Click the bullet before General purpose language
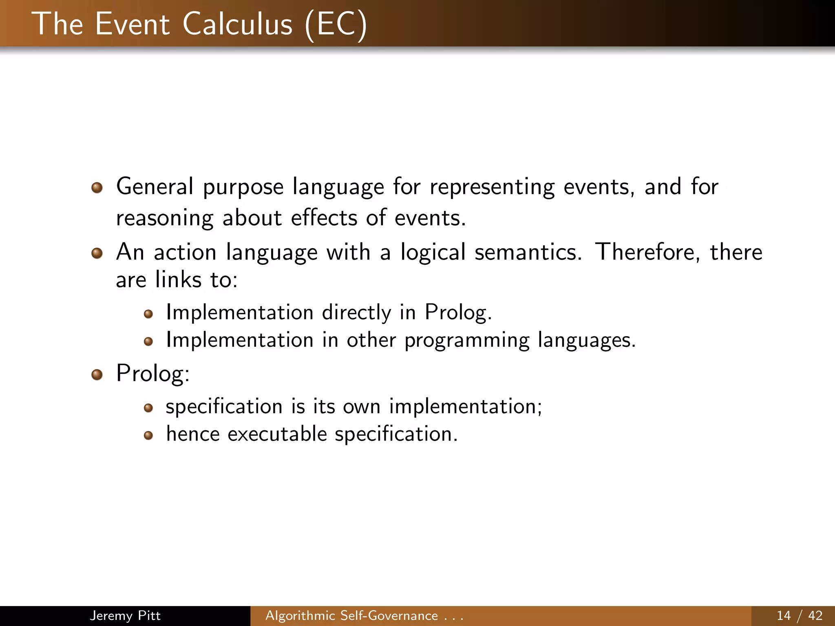tap(97, 188)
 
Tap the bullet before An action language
tap(97, 253)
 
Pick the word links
tap(178, 280)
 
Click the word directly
tap(356, 313)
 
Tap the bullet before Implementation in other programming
tap(148, 341)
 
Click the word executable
tap(277, 434)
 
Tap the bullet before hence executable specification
tap(148, 436)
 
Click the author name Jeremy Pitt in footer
tap(125, 615)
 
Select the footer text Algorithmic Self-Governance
tap(351, 615)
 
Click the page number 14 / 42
tap(799, 615)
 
